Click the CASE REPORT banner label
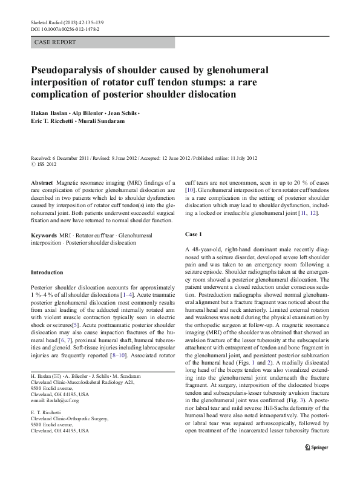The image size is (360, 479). click(56, 42)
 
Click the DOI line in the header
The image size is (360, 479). click(65, 29)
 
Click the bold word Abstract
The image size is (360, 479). click(41, 181)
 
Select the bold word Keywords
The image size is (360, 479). click(44, 233)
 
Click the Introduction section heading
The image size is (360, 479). click(47, 273)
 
